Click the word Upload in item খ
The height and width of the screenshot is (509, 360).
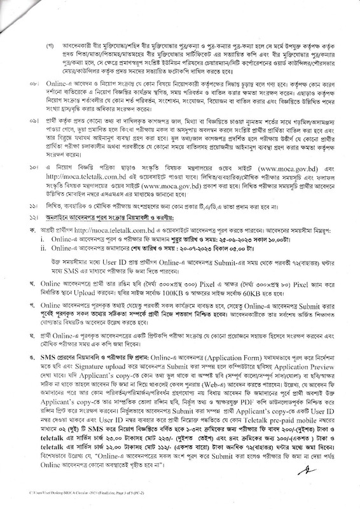tap(81, 279)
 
